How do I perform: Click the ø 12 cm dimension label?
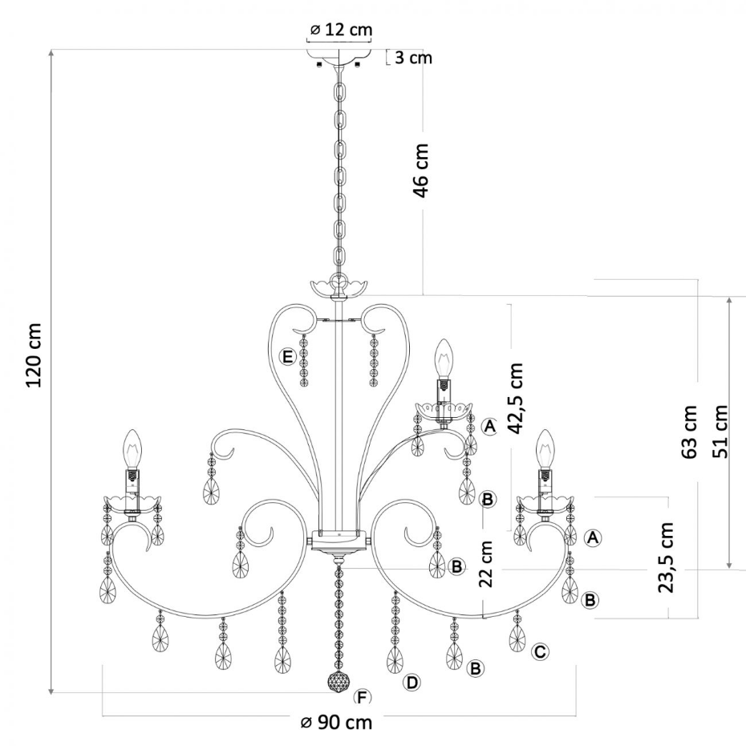341,30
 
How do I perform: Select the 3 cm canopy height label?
413,58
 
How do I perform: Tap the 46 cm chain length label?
421,170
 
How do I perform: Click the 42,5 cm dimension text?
515,399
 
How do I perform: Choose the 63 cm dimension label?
689,432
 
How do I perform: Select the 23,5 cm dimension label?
666,557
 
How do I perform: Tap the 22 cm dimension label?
486,564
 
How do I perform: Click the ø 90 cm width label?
336,723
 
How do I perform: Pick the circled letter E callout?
288,356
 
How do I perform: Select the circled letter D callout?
412,683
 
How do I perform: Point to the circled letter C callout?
540,651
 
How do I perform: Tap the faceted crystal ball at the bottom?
339,683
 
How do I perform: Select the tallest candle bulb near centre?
444,358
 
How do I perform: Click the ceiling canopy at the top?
339,55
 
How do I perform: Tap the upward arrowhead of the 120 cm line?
51,53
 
